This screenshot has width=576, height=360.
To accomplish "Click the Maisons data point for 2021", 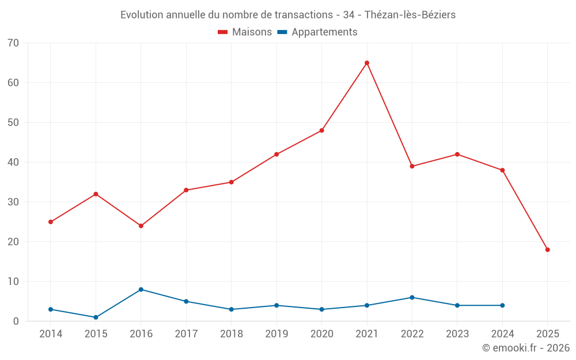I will [367, 63].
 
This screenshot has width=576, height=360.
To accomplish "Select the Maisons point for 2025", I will [548, 249].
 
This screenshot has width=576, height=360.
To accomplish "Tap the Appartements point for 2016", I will [141, 289].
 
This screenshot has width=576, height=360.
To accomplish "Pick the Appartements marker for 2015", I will [96, 317].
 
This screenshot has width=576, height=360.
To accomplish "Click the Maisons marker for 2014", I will [51, 222].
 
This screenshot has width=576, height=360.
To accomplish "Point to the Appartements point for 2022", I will [412, 297].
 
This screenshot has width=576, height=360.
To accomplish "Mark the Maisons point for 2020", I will [321, 130].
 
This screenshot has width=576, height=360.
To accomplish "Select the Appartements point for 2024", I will [502, 305].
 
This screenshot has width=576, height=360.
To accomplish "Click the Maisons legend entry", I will [245, 32].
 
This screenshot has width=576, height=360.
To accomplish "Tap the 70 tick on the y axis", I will [13, 43].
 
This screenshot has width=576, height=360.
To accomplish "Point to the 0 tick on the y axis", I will [16, 321].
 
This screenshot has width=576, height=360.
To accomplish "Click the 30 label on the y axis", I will [13, 202].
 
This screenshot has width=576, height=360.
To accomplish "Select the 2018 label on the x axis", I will [232, 334].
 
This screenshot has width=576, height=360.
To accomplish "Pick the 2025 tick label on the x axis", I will [548, 334].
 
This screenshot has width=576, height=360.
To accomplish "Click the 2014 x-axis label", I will [51, 334].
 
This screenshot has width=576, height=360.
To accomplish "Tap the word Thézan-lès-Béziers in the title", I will [410, 15].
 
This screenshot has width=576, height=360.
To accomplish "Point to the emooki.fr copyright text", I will [526, 348].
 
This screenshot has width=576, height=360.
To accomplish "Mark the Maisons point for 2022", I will [412, 166].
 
